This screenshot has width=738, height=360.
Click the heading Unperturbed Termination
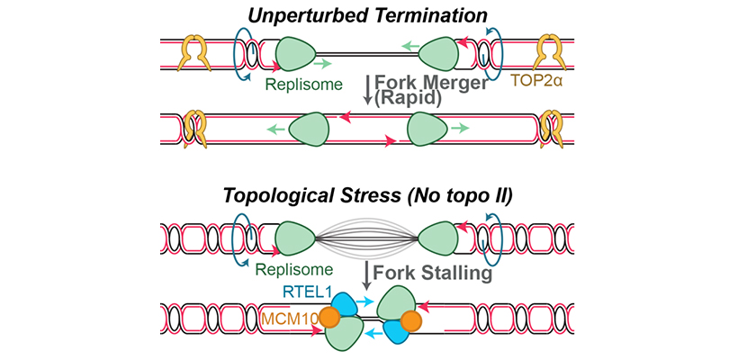[370, 15]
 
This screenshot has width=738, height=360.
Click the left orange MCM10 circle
[328, 317]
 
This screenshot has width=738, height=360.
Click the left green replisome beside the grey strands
[294, 240]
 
